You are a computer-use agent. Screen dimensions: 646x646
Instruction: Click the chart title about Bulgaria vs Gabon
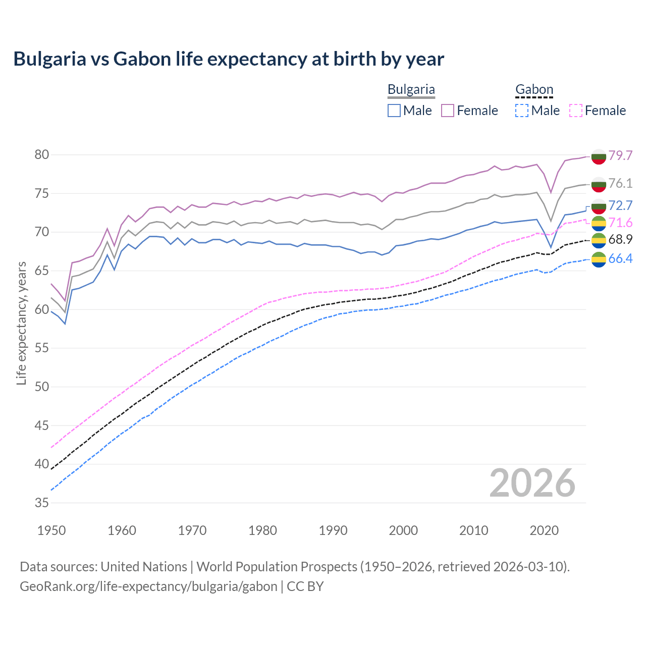pyautogui.click(x=229, y=59)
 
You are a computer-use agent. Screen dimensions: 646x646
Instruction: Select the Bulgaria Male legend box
pyautogui.click(x=394, y=111)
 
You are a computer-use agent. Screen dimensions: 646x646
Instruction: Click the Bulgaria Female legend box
pyautogui.click(x=448, y=111)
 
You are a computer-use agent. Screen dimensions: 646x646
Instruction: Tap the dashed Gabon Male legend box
pyautogui.click(x=522, y=111)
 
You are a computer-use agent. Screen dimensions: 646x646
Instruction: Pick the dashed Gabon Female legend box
pyautogui.click(x=576, y=111)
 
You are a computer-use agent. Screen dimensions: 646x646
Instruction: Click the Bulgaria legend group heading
pyautogui.click(x=411, y=90)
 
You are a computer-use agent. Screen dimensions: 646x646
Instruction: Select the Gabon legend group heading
pyautogui.click(x=534, y=90)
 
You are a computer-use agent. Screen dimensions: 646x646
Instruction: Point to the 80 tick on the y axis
pyautogui.click(x=41, y=155)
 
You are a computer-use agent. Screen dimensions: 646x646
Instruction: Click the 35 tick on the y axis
pyautogui.click(x=41, y=503)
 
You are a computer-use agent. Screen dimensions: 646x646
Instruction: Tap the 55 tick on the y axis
pyautogui.click(x=41, y=348)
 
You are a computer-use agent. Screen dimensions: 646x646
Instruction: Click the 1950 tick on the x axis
pyautogui.click(x=52, y=530)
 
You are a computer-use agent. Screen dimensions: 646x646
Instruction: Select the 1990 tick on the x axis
pyautogui.click(x=333, y=530)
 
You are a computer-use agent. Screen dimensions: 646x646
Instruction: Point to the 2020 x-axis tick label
pyautogui.click(x=544, y=530)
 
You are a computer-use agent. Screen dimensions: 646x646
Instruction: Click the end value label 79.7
pyautogui.click(x=620, y=155)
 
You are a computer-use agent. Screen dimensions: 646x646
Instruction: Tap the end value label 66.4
pyautogui.click(x=620, y=259)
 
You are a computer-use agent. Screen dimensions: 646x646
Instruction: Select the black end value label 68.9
pyautogui.click(x=620, y=240)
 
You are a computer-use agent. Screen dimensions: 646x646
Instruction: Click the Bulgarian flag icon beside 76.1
pyautogui.click(x=599, y=184)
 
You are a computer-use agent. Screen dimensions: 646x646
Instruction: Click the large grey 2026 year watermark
pyautogui.click(x=532, y=483)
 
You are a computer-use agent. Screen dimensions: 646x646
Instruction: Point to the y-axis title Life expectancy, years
pyautogui.click(x=21, y=323)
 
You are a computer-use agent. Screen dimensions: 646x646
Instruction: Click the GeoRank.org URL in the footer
pyautogui.click(x=148, y=586)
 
